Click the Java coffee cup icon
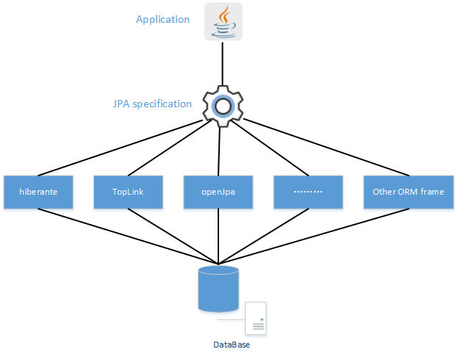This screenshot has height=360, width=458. coord(223,22)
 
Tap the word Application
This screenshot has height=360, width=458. coord(162,19)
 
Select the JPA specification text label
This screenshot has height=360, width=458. coord(151,104)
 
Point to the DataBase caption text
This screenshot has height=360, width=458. coord(231,345)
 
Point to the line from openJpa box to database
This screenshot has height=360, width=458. coord(218,235)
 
